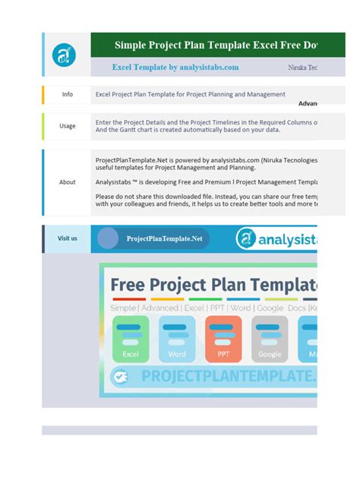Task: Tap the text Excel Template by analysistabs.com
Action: click(x=175, y=68)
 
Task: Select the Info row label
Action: click(x=68, y=95)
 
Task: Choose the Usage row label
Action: click(x=68, y=126)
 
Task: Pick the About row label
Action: click(x=68, y=182)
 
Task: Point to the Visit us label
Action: click(x=68, y=238)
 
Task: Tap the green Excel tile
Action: click(x=131, y=339)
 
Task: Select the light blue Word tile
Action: click(x=177, y=339)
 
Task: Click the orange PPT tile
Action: click(x=223, y=339)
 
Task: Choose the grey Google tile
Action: click(x=270, y=339)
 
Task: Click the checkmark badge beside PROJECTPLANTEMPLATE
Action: click(x=119, y=375)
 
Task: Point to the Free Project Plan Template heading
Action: click(x=213, y=286)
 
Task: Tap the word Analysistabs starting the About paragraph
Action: click(x=114, y=182)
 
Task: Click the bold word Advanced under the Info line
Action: click(x=308, y=103)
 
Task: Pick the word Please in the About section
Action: click(x=106, y=196)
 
